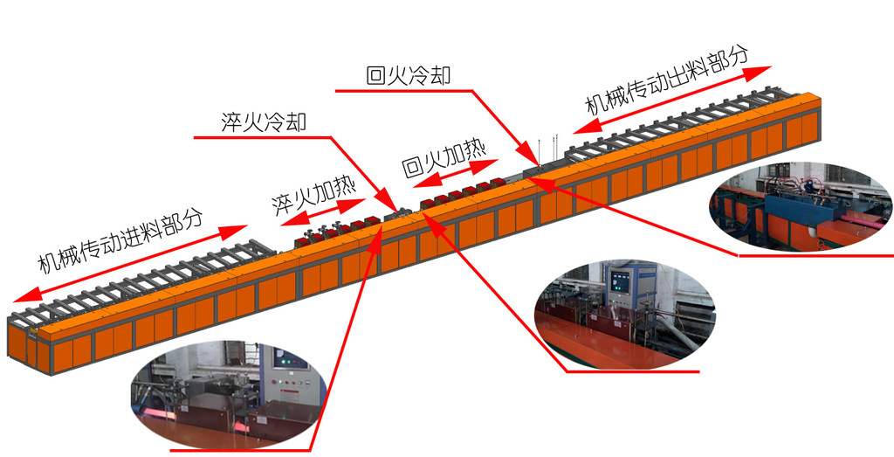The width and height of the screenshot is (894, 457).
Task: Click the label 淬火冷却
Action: (264, 121)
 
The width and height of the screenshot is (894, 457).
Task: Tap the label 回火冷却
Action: (409, 75)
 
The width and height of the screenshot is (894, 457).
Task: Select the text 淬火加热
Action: (313, 196)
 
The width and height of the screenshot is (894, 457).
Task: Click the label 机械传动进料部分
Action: (120, 239)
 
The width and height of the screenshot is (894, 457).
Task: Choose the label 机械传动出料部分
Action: (667, 80)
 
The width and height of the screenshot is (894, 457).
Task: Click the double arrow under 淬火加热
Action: (323, 211)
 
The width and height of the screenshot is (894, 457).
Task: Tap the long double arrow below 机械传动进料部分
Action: (130, 263)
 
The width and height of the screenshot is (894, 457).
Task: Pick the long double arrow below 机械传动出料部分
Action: (672, 100)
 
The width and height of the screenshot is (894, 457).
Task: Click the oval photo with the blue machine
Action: (801, 206)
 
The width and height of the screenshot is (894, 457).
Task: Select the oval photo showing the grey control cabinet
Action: (624, 315)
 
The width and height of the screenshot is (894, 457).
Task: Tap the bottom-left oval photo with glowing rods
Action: (229, 395)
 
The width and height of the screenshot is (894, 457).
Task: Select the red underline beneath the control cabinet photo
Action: (632, 371)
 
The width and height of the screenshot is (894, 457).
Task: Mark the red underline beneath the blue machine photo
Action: (816, 255)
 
